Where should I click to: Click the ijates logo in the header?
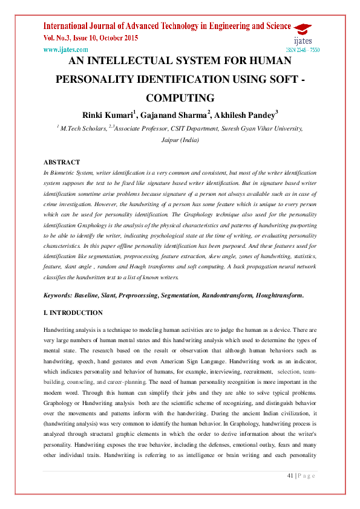(302, 36)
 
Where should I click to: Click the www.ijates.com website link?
(66, 50)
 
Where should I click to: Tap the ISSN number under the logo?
(303, 50)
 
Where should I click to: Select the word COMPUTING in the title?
(180, 98)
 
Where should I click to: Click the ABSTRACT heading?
(62, 162)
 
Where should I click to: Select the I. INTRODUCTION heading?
(73, 313)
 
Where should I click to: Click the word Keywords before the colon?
(57, 295)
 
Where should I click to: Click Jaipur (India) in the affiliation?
(180, 140)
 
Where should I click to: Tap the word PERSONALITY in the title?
(100, 79)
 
